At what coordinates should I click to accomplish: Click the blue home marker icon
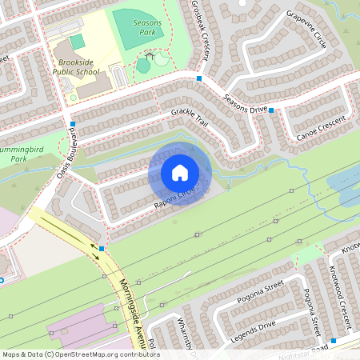coord(179,173)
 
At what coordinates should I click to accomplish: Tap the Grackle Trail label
coord(189,119)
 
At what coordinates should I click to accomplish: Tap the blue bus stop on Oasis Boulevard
coord(73,124)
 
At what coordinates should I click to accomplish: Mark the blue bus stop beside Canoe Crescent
coord(271,110)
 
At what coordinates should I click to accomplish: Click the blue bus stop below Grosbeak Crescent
coord(198,78)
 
